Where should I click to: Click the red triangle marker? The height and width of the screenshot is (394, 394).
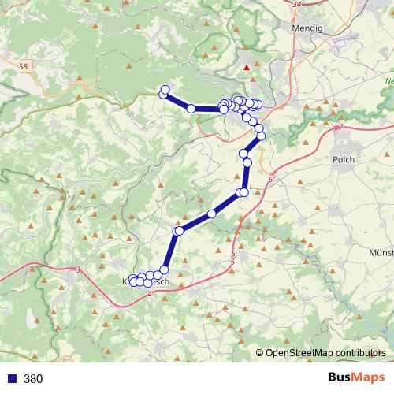(247, 68)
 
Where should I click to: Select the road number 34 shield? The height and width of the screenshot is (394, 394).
(295, 5)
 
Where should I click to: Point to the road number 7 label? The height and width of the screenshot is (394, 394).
(340, 128)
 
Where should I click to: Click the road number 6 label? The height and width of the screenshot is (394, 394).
(270, 180)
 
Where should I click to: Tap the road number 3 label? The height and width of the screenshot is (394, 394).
(80, 270)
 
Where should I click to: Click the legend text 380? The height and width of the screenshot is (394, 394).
(33, 379)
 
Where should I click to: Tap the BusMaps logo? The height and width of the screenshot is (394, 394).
(357, 378)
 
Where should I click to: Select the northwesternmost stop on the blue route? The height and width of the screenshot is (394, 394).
(165, 89)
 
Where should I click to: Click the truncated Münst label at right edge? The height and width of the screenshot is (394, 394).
(381, 252)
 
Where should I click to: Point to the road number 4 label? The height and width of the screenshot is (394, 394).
(149, 294)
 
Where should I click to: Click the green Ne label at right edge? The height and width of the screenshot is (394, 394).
(388, 81)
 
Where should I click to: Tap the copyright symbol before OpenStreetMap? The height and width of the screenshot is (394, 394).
(261, 353)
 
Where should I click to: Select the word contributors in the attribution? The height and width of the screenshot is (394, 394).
(359, 353)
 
